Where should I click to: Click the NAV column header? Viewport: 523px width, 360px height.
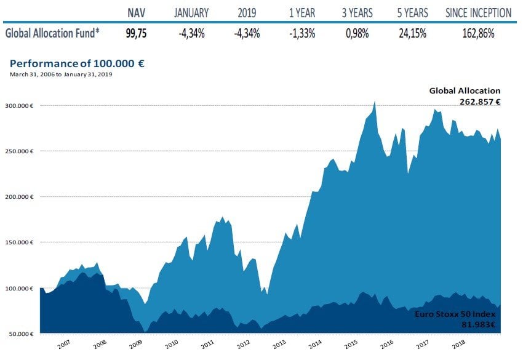pyautogui.click(x=137, y=13)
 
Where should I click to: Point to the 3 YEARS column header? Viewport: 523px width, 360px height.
pyautogui.click(x=357, y=13)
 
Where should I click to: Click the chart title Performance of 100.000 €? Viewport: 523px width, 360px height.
pyautogui.click(x=77, y=63)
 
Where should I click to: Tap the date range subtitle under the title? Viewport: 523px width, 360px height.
pyautogui.click(x=61, y=74)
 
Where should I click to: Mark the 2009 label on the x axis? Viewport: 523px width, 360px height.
pyautogui.click(x=135, y=345)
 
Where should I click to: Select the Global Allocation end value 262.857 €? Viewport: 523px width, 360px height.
pyautogui.click(x=479, y=102)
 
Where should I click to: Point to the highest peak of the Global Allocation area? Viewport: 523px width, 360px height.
pyautogui.click(x=375, y=102)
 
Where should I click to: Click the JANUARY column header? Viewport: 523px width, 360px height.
pyautogui.click(x=191, y=13)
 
